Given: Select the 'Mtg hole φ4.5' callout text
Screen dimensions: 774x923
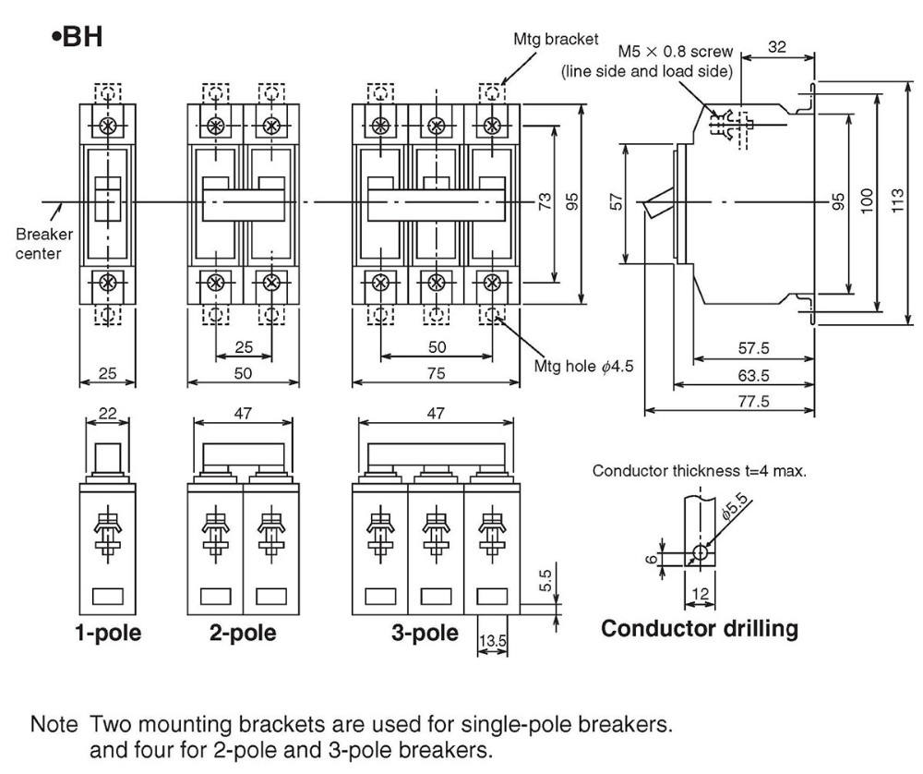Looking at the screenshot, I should (x=584, y=367).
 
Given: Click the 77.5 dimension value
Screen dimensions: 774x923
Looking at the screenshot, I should (x=754, y=401).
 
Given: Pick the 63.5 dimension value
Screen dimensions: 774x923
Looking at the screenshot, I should (x=754, y=376).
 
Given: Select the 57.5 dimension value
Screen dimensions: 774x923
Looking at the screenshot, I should (x=754, y=349).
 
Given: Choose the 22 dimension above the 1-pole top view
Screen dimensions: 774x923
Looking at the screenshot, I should (x=108, y=414).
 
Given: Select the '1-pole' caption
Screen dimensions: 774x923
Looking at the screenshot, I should (x=108, y=634).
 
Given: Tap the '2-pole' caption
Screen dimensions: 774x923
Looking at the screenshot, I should (x=243, y=634).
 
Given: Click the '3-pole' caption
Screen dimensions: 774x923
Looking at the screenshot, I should (x=425, y=634).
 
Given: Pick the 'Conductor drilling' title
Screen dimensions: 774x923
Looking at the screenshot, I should (x=700, y=629).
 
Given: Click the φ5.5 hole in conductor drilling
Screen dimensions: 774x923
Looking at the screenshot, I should (x=701, y=552).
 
